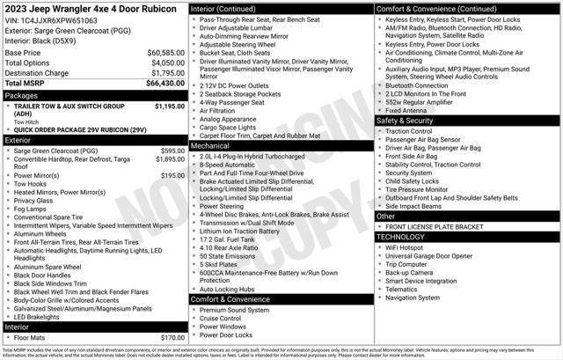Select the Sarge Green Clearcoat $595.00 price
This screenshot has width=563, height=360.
pyautogui.click(x=172, y=151)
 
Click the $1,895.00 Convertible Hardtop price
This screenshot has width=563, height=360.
pyautogui.click(x=170, y=159)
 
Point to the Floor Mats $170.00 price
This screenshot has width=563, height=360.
pyautogui.click(x=172, y=337)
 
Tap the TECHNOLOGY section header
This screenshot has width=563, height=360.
pyautogui.click(x=406, y=237)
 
